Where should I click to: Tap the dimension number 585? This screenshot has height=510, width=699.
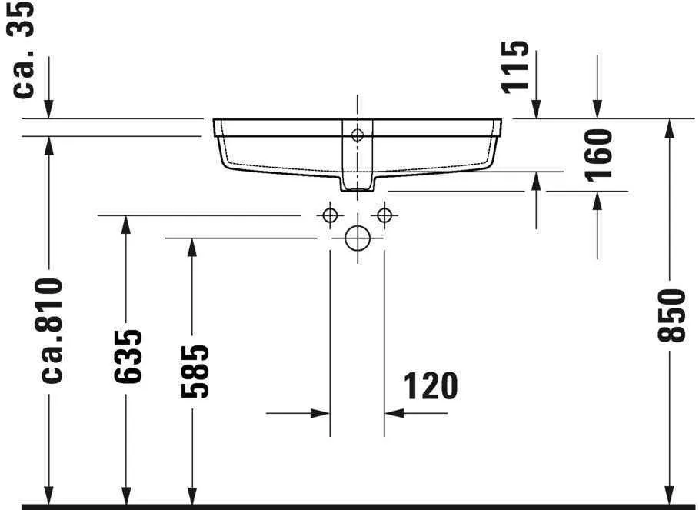(195, 372)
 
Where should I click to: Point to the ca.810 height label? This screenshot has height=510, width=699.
(52, 331)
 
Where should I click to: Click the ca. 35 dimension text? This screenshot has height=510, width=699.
(25, 49)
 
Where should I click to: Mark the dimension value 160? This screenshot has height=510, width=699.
(600, 154)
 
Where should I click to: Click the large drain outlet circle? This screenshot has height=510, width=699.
(358, 238)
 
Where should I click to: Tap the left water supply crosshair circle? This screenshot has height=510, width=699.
(330, 215)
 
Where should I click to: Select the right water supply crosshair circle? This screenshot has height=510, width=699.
(384, 215)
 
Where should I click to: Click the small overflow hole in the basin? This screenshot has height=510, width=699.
(357, 136)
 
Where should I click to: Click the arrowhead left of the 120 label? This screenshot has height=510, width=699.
(321, 413)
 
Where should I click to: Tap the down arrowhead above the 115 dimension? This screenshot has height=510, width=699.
(536, 109)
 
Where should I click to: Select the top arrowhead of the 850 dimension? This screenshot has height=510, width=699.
(669, 128)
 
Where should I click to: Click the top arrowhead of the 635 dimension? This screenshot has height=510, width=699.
(125, 225)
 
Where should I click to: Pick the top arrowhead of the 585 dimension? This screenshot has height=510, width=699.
(191, 247)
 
